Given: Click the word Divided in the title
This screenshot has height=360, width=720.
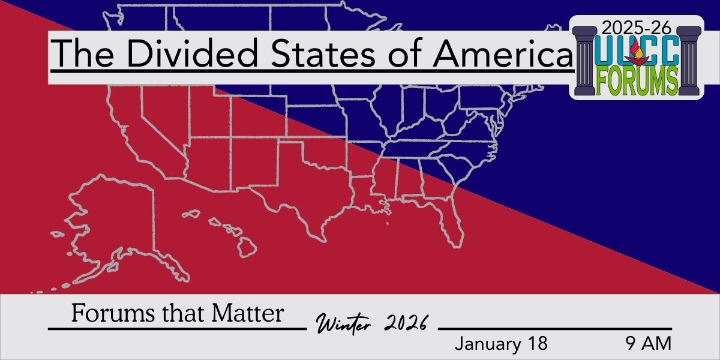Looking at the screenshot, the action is (x=193, y=53).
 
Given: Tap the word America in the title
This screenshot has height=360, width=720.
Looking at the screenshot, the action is (x=502, y=53).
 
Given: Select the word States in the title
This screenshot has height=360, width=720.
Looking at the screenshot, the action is (x=323, y=53).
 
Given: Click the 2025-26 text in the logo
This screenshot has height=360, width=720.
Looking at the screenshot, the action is (x=637, y=28).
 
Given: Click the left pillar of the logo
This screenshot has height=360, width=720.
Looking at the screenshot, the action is (x=584, y=61).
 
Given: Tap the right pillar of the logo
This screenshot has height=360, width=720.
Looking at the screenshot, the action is (x=689, y=61).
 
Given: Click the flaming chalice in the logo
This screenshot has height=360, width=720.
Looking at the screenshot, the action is (x=637, y=55).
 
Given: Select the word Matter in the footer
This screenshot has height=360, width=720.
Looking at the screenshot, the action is (x=247, y=313).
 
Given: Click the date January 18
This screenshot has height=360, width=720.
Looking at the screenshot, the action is (x=501, y=343).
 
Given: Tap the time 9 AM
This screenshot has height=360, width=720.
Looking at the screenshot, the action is (x=649, y=343).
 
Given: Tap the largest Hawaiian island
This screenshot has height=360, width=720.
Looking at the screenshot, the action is (x=247, y=247).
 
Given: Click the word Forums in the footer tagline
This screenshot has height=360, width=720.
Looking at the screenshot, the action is (x=113, y=313).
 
